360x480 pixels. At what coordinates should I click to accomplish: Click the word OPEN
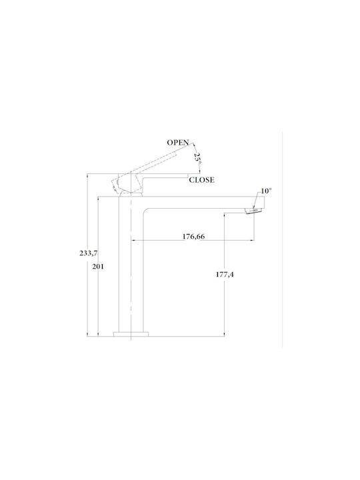(178, 143)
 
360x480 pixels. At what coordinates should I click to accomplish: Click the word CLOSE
(201, 180)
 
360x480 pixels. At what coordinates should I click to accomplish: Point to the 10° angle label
(266, 191)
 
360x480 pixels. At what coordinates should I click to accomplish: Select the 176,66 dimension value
(193, 236)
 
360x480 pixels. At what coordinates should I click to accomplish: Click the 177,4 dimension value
(225, 275)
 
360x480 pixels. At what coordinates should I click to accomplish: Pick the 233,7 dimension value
(89, 253)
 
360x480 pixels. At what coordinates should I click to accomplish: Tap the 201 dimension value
(98, 267)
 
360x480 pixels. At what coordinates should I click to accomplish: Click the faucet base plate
(131, 334)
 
